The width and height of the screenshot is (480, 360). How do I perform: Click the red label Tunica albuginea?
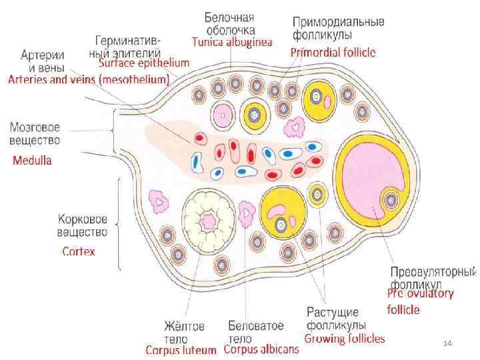232,41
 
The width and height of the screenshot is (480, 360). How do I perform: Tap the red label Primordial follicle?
333,51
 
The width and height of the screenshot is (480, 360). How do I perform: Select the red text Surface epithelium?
144,63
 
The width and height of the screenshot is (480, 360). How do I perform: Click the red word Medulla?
33,160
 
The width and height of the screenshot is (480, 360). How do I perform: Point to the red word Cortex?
79,251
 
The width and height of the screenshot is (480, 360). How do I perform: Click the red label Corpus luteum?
181,349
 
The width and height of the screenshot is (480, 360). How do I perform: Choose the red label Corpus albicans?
261,349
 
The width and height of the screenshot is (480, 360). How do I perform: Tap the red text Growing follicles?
345,339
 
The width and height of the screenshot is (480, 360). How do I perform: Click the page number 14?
447,343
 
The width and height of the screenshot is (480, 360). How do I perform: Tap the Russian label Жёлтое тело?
184,331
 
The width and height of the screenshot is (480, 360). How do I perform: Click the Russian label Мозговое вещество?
35,133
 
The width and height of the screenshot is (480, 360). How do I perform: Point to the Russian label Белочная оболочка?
230,23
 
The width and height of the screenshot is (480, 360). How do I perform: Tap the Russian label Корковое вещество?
83,225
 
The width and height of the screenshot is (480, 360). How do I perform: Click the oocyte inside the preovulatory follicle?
390,199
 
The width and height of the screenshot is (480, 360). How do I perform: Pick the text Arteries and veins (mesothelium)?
89,79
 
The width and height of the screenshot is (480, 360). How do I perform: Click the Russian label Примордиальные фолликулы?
338,27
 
